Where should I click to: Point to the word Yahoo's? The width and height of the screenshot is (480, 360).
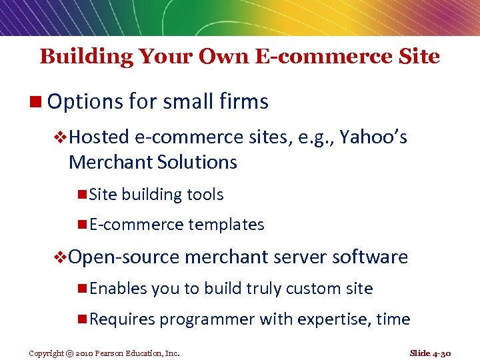[x=373, y=137]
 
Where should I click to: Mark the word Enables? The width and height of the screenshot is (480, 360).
[x=118, y=289]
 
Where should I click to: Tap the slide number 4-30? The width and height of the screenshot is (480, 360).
[x=442, y=353]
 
